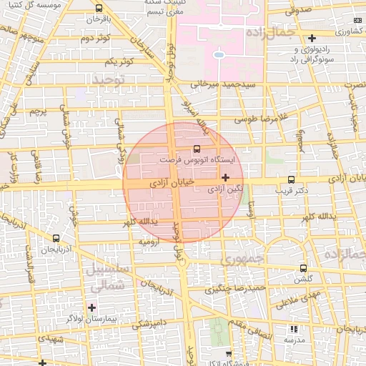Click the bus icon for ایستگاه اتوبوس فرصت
pos(197,149)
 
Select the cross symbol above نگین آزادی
pos(226,177)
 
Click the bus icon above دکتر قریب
pos(290,180)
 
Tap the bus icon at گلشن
pos(305,269)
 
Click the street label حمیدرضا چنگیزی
pos(235,290)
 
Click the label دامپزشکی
pos(149,323)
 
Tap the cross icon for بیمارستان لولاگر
pos(92,307)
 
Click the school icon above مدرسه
pos(294,330)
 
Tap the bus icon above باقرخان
pos(99,9)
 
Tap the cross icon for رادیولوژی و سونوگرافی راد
pos(312,38)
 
